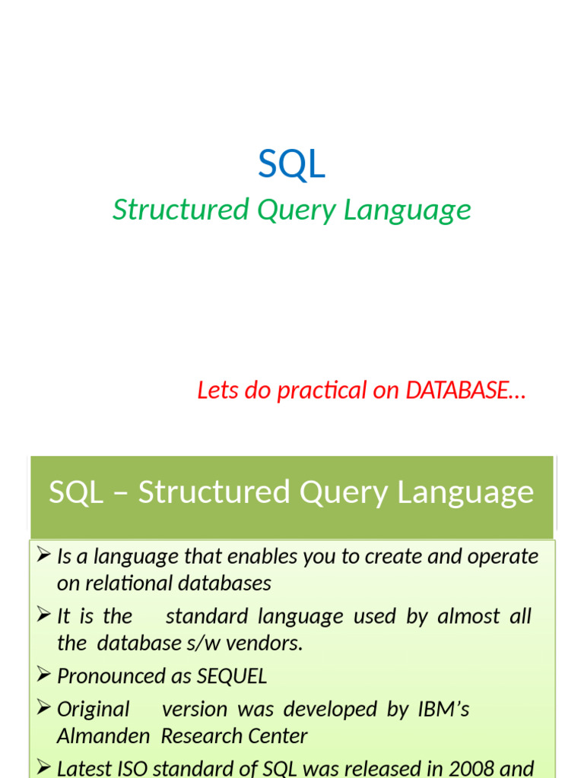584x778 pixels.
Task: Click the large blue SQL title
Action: (292, 164)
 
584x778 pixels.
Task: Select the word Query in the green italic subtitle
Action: (296, 210)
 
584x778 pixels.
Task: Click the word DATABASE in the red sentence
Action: (457, 391)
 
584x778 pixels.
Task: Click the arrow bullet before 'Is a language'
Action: (43, 556)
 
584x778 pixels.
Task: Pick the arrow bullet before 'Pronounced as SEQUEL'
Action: (43, 675)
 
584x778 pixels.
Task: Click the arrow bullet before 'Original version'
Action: (43, 709)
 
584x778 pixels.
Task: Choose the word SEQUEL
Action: (232, 676)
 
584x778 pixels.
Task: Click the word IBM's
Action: (443, 709)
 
